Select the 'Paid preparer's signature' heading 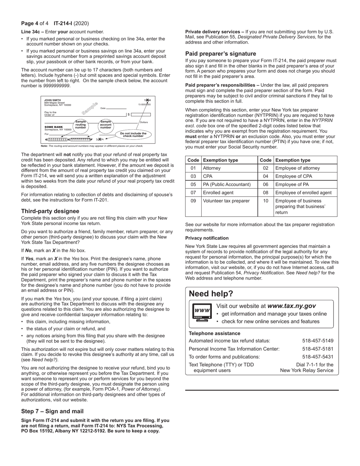(x=221, y=53)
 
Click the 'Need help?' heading (x=211, y=294)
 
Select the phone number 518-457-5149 (x=318, y=341)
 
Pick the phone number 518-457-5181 (x=318, y=349)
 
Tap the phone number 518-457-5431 (x=318, y=357)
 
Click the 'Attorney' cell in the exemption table (x=212, y=168)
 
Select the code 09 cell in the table (x=193, y=201)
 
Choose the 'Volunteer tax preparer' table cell (x=226, y=201)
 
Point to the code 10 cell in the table (x=266, y=201)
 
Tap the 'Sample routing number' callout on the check (x=81, y=125)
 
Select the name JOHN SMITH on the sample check (x=52, y=100)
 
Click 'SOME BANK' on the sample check (x=53, y=127)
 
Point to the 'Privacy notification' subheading (x=207, y=238)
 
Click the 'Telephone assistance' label (x=214, y=333)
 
